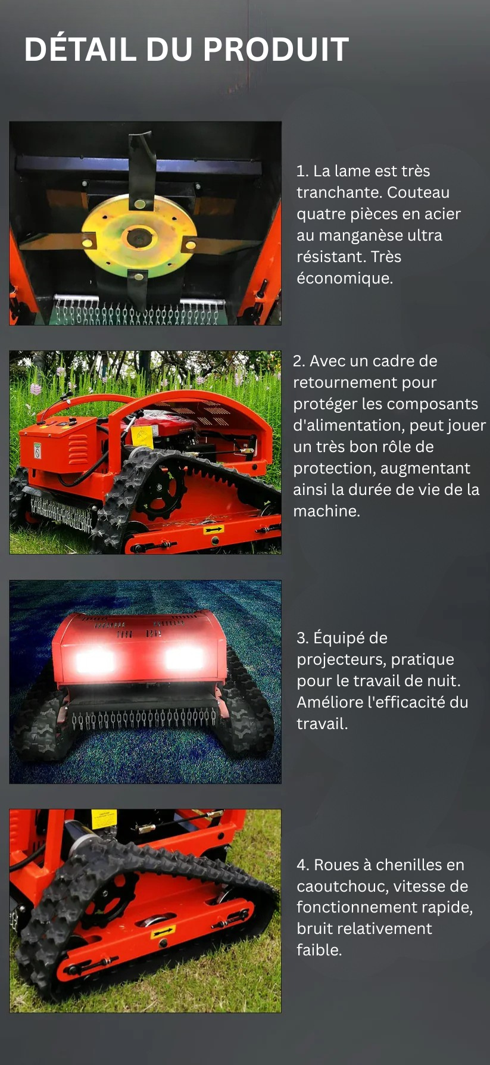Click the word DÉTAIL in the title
pos(80,49)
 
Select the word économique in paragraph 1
pos(344,278)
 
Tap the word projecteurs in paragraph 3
pos(341,659)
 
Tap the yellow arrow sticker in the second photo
pos(214,529)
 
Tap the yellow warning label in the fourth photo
pos(104,818)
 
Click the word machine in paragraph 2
pos(326,511)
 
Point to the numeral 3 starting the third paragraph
pos(301,638)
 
